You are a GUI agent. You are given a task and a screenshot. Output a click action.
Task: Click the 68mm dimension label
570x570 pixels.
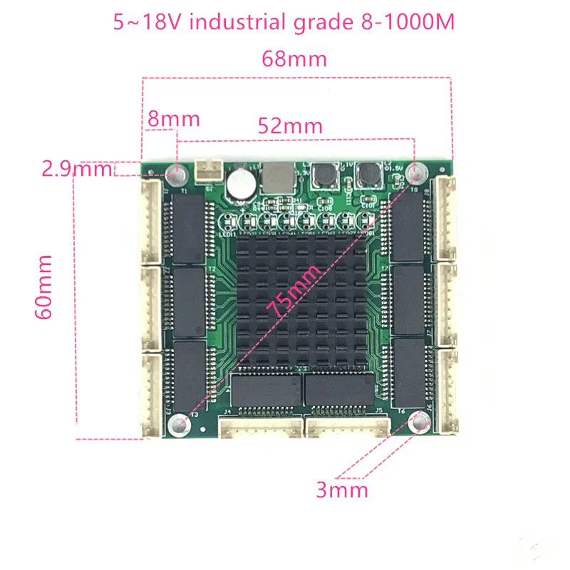tap(294, 58)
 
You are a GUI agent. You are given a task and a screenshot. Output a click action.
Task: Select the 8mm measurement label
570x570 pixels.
tap(173, 118)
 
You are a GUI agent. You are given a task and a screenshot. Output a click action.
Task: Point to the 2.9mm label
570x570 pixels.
tap(77, 169)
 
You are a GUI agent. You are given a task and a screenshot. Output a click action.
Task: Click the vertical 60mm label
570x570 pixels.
tap(46, 286)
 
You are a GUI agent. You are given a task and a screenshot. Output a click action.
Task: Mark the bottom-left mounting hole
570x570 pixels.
tap(177, 425)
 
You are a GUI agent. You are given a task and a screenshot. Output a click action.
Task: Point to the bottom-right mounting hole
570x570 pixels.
tap(421, 425)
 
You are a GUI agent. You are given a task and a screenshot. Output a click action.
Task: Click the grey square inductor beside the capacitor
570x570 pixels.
tap(277, 177)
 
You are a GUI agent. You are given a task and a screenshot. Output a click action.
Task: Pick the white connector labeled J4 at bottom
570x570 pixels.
tap(260, 427)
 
